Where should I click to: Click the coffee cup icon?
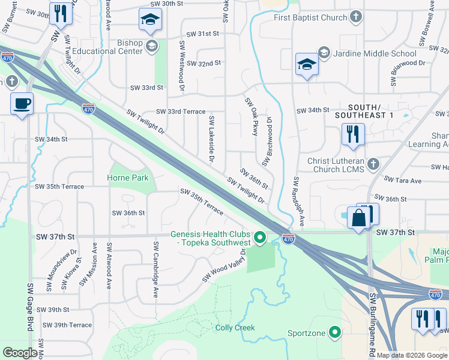tap(22, 103)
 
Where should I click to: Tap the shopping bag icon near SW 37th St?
tap(358, 218)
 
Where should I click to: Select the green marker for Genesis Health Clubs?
tap(260, 238)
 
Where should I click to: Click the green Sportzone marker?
tap(336, 333)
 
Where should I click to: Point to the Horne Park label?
tap(127, 178)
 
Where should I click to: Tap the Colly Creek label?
tap(235, 328)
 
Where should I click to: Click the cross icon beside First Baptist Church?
tap(356, 17)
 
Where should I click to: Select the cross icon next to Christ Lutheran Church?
tap(373, 164)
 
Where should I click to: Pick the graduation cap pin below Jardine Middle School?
tap(307, 65)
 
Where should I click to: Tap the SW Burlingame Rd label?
tap(372, 324)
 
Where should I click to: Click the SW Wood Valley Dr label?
tap(224, 266)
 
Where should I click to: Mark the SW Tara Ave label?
tap(403, 180)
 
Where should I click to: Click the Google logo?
tap(20, 353)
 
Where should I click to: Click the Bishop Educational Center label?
tap(113, 47)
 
